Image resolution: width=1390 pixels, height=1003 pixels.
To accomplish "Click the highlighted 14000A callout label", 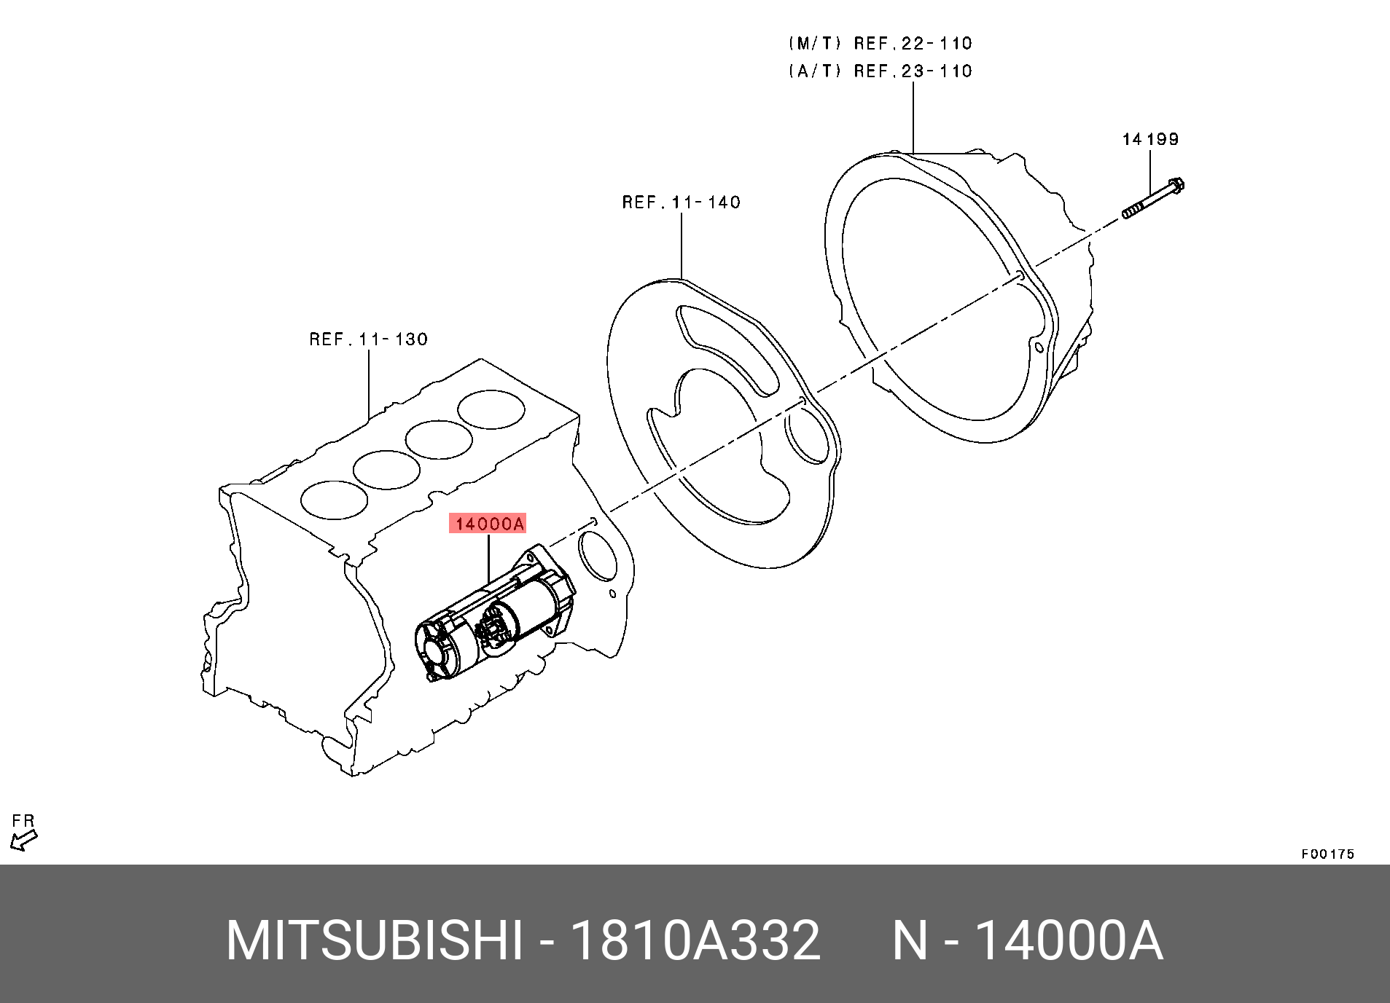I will point(488,524).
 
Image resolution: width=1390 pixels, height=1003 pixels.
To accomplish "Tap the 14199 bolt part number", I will point(1150,139).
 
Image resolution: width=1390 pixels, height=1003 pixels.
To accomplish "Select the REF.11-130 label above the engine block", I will point(368,339).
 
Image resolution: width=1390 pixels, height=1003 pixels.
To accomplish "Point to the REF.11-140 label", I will point(681,202).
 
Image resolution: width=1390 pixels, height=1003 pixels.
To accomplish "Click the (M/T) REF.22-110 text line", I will point(880,44).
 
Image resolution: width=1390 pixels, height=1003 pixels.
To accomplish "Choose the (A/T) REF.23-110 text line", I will point(880,71).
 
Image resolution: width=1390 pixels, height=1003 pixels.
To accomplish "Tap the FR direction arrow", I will point(23,841).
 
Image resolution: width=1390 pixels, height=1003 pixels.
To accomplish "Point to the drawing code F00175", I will point(1327,854).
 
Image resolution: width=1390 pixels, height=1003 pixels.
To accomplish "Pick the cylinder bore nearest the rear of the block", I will point(492,410).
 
